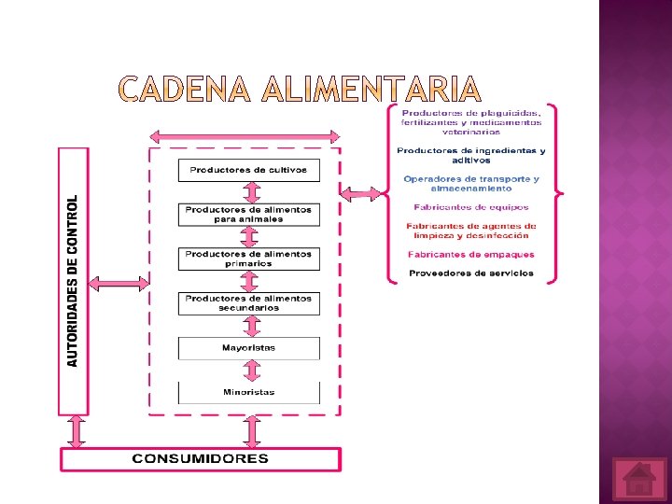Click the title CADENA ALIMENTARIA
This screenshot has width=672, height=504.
(300, 90)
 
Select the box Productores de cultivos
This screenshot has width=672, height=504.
(248, 170)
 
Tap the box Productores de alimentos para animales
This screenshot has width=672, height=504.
(248, 215)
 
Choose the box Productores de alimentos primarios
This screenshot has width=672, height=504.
(248, 259)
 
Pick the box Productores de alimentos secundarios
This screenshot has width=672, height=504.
(248, 303)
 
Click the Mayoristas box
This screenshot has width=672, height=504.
(248, 348)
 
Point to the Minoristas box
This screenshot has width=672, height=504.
(248, 393)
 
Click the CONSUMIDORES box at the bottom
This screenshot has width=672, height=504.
(201, 459)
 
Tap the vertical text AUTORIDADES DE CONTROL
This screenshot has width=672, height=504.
(74, 280)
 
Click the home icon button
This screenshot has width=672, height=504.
(639, 480)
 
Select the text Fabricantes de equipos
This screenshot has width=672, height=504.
(471, 207)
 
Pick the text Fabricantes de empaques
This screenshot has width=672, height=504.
(471, 254)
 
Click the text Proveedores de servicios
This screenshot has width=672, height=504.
(471, 273)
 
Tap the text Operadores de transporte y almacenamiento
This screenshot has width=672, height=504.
(471, 183)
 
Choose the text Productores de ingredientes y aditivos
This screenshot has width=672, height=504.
(471, 155)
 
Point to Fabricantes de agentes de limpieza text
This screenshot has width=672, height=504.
(471, 231)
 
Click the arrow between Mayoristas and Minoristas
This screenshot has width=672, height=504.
(250, 371)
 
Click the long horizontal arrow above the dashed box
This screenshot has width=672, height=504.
(246, 136)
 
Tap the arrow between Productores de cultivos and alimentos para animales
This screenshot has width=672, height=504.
(250, 192)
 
